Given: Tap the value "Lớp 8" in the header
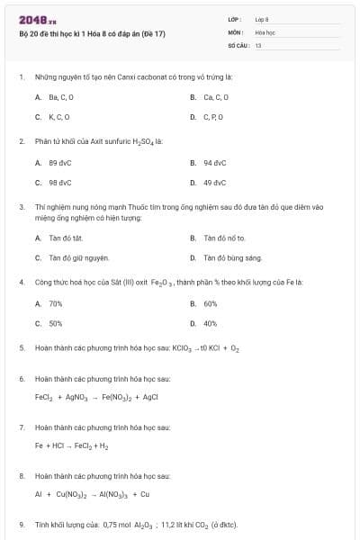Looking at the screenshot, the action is tap(262, 18).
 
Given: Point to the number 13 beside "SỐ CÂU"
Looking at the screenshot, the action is tap(258, 44).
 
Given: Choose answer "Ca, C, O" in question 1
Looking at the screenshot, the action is tap(216, 96).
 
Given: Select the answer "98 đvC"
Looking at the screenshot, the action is tap(59, 183).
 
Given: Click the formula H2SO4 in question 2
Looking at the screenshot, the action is tap(138, 142).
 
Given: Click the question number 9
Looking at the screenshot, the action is tap(22, 524).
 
